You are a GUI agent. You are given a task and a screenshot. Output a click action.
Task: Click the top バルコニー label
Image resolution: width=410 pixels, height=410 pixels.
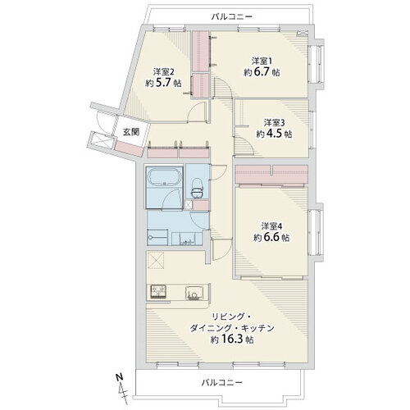tap(232, 16)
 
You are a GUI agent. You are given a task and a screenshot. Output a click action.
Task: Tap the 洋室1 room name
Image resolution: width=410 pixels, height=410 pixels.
tap(261, 60)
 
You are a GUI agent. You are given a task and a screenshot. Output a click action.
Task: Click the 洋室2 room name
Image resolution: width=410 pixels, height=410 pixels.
tap(162, 71)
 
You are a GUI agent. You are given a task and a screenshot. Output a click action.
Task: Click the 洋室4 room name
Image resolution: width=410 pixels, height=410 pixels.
tap(273, 225)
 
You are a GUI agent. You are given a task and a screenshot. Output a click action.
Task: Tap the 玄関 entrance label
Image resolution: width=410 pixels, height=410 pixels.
tap(131, 131)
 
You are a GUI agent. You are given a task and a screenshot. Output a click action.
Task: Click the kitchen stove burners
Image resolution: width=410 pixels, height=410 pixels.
tap(158, 291)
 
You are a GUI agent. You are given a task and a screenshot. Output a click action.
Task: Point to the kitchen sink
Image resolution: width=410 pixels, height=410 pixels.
tap(196, 291)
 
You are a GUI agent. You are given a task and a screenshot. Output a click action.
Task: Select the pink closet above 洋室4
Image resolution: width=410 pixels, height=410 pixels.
tap(271, 173)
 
